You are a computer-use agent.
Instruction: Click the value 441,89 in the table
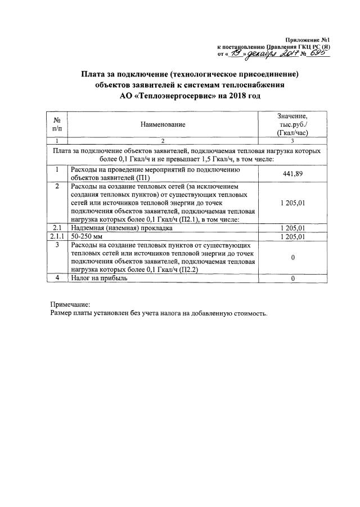click(x=292, y=174)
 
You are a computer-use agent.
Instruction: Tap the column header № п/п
click(x=56, y=124)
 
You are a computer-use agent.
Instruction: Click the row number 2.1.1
click(x=56, y=237)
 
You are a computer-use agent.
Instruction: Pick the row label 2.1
click(x=56, y=228)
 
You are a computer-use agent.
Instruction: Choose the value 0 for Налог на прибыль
click(x=292, y=279)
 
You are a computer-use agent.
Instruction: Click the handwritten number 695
click(x=319, y=53)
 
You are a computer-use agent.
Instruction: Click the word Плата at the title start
click(x=93, y=74)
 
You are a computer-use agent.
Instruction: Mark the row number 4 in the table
click(x=56, y=278)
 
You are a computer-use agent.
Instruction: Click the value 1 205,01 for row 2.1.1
click(x=292, y=237)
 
